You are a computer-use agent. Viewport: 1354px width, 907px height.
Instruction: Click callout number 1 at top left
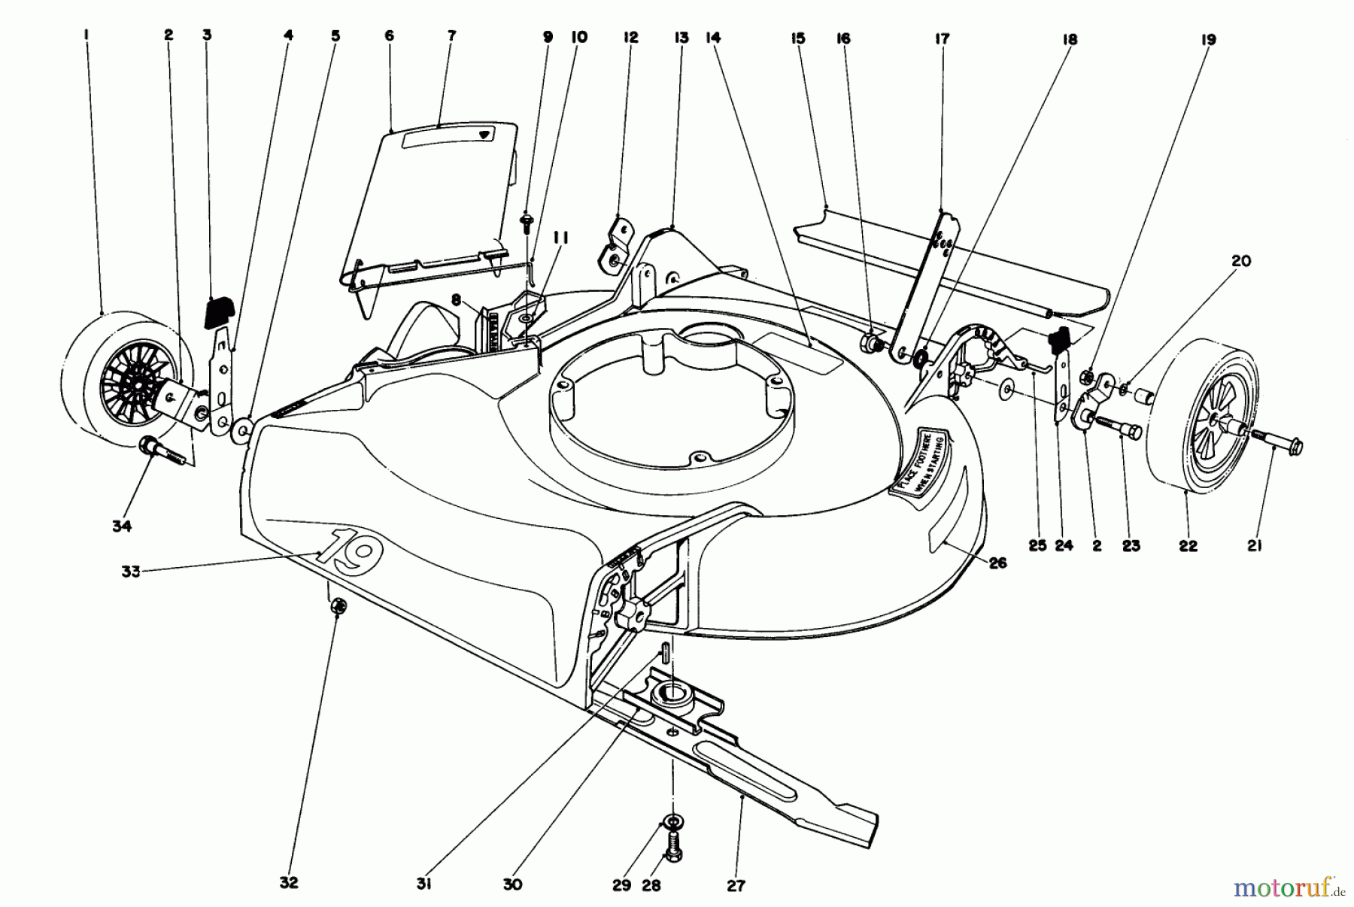[x=87, y=35]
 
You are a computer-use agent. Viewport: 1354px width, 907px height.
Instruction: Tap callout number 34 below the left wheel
[x=122, y=526]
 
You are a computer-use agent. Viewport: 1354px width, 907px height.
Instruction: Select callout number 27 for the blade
[x=736, y=886]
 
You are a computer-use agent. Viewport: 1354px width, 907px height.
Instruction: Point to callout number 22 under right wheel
[x=1188, y=547]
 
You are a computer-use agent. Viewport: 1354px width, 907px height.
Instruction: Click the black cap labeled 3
[x=219, y=311]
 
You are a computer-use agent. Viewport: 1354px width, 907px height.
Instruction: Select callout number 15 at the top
[x=798, y=38]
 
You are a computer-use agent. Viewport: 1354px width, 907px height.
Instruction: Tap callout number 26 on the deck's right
[x=997, y=563]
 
